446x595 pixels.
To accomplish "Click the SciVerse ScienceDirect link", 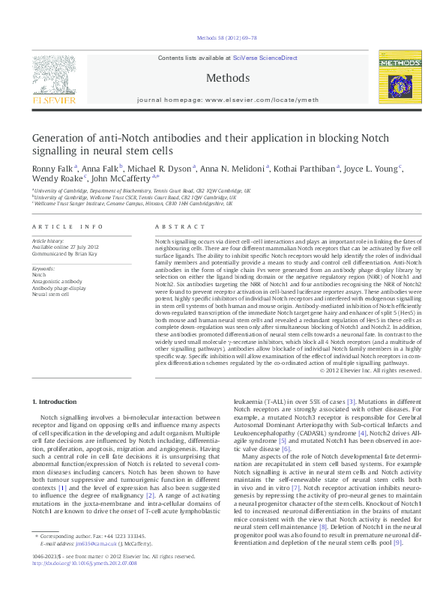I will click(265, 58).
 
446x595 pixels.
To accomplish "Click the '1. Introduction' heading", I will click(58, 402).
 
